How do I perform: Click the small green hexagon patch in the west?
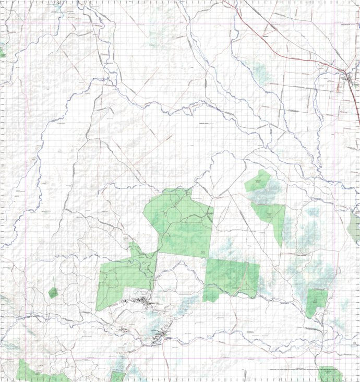pyautogui.click(x=53, y=293)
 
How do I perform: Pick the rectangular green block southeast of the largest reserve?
pyautogui.click(x=231, y=278)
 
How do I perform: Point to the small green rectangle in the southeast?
pyautogui.click(x=317, y=301)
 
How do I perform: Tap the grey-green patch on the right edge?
pyautogui.click(x=355, y=228)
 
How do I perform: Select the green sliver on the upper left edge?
pyautogui.click(x=2, y=52)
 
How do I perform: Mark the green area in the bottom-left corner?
pyautogui.click(x=31, y=372)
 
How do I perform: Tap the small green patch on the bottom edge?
pyautogui.click(x=118, y=376)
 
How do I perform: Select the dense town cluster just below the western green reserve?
pyautogui.click(x=141, y=301)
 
